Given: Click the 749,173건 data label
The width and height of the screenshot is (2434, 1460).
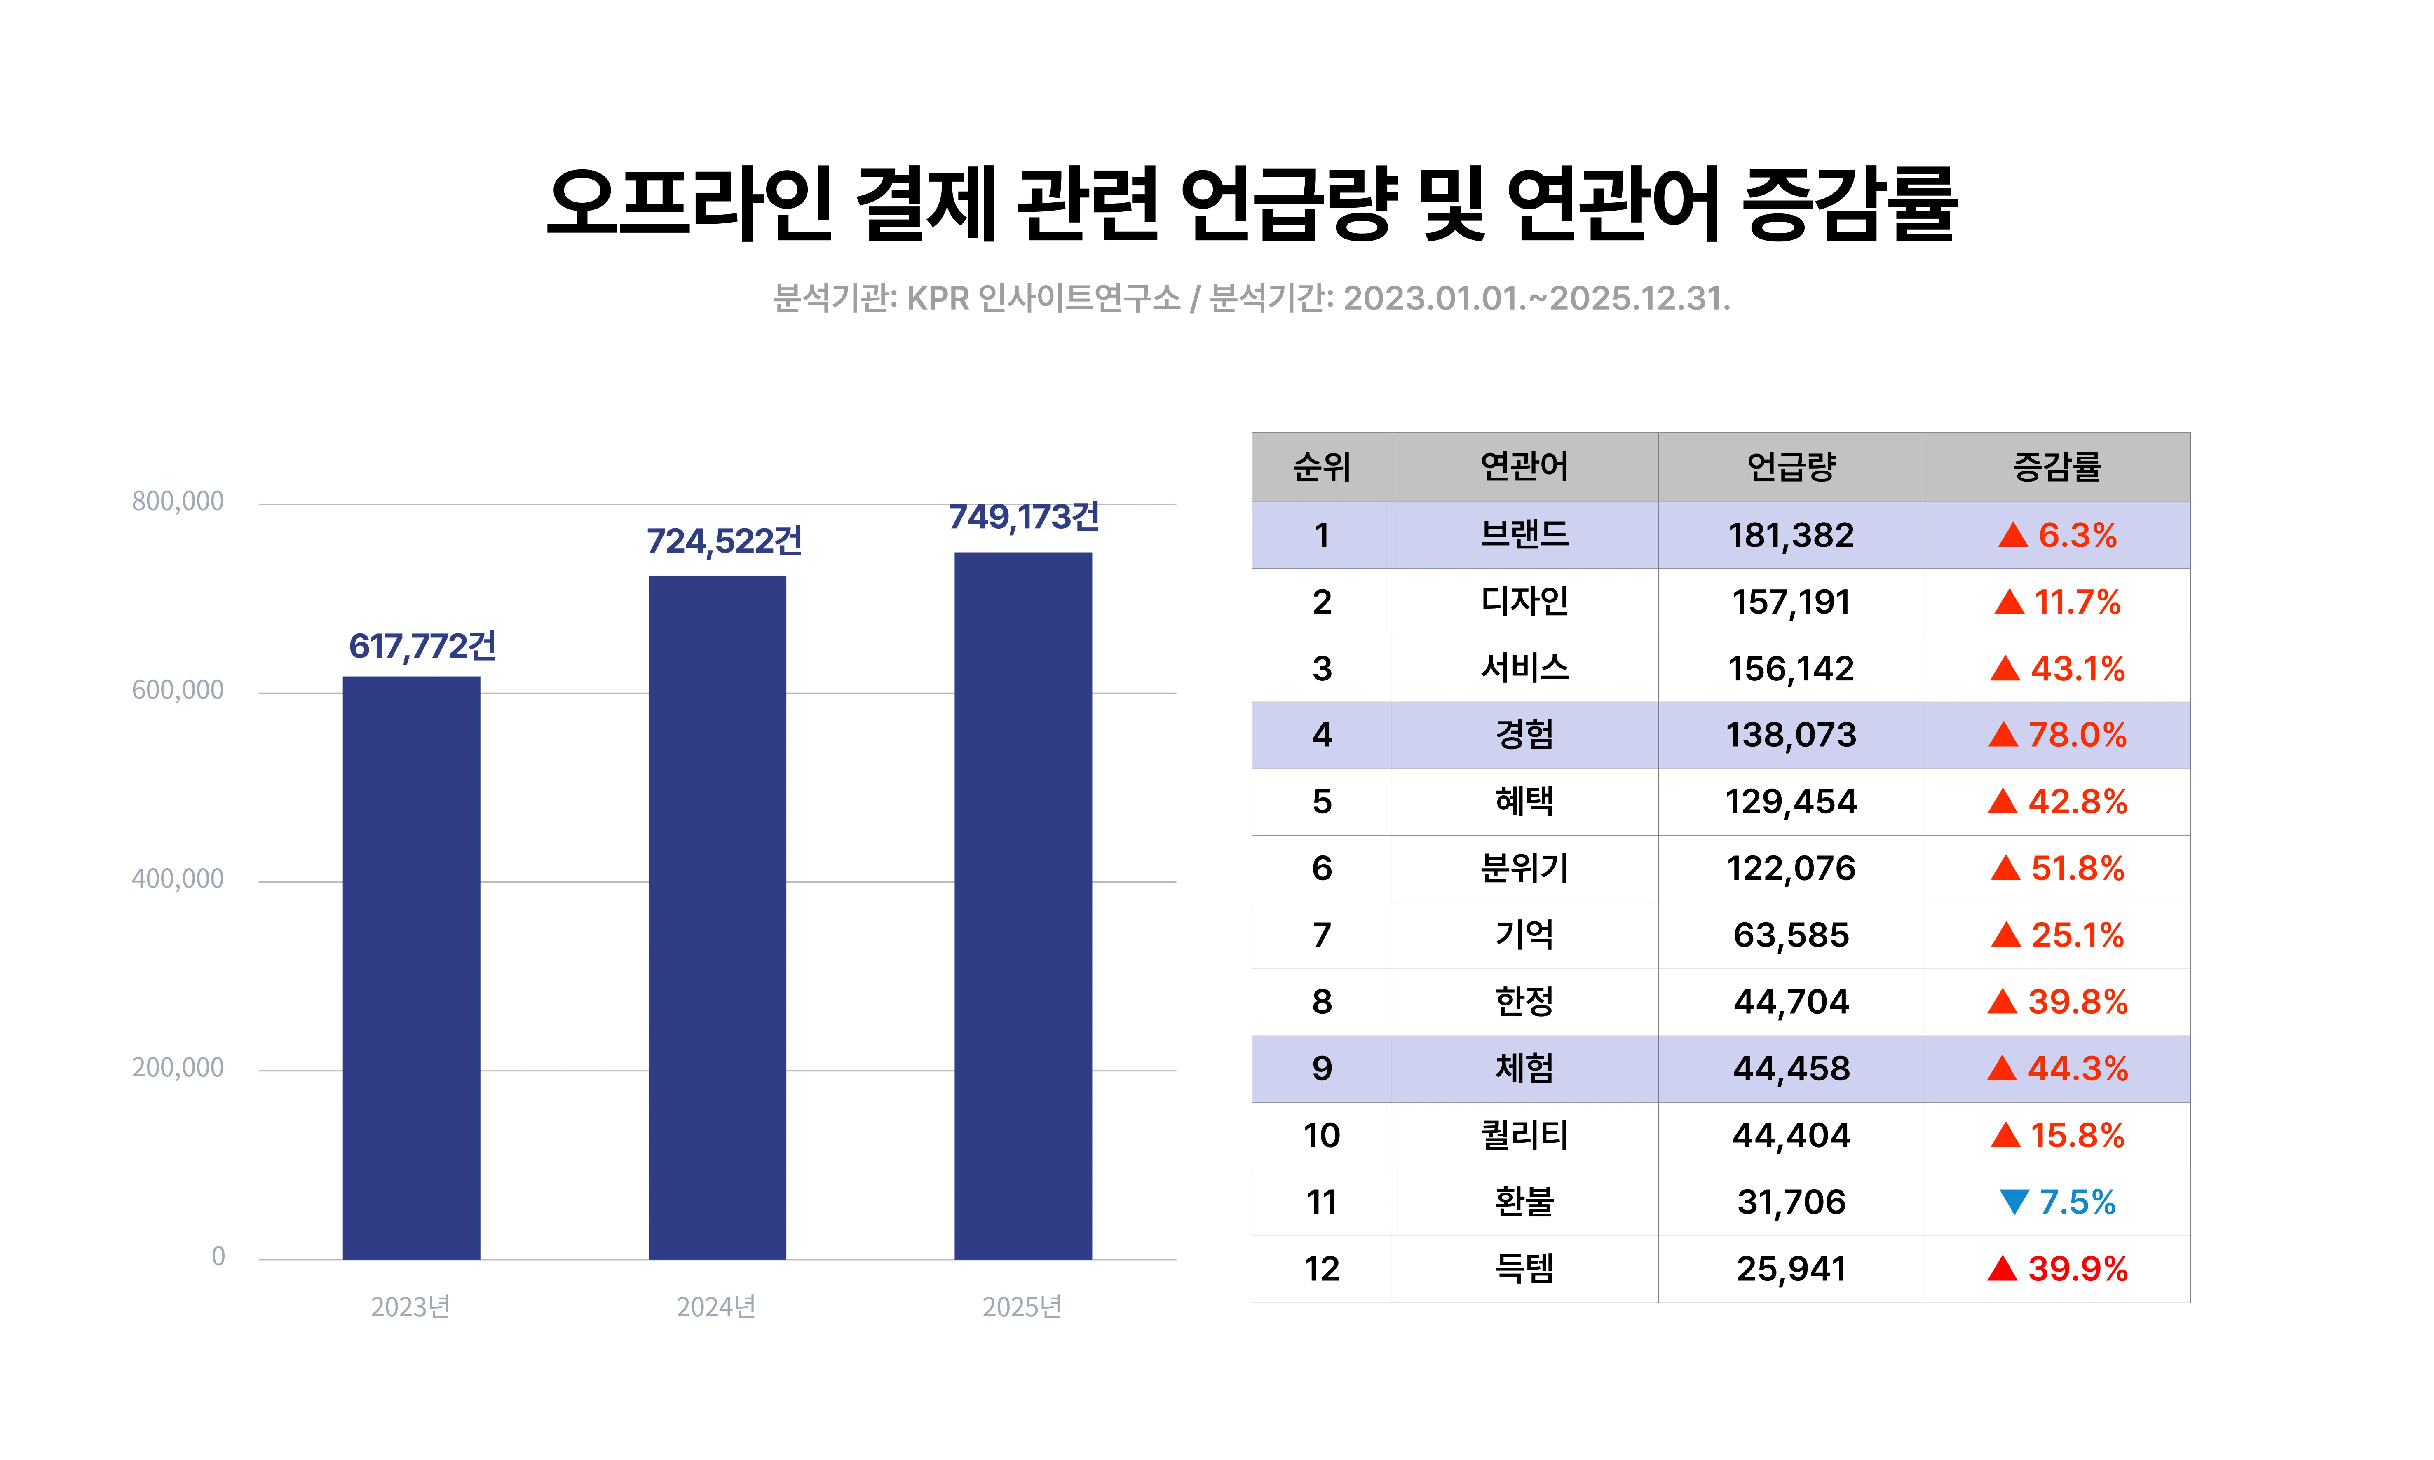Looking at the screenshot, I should pyautogui.click(x=1023, y=516).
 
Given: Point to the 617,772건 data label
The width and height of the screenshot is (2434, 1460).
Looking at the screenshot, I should pyautogui.click(x=422, y=647).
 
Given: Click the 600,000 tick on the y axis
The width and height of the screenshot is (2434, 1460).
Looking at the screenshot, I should pyautogui.click(x=178, y=691).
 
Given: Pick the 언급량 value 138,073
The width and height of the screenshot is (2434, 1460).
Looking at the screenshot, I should pyautogui.click(x=1791, y=735).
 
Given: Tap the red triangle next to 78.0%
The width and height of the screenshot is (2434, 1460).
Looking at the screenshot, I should pyautogui.click(x=2003, y=735).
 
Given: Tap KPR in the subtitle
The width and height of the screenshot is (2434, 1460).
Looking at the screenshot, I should pyautogui.click(x=938, y=298).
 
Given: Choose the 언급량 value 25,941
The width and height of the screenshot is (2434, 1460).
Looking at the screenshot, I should pyautogui.click(x=1791, y=1269).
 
